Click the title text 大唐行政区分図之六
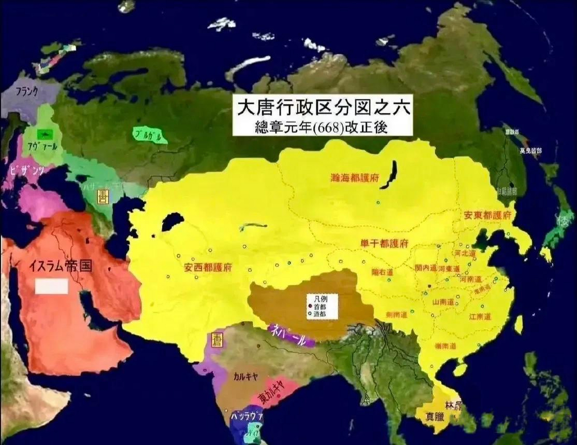[323, 108]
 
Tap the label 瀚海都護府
[354, 178]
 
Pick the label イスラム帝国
[60, 266]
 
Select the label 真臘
[435, 416]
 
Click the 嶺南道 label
[445, 346]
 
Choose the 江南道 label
[480, 317]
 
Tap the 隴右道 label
[382, 272]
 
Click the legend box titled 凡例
[322, 307]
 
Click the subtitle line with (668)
[321, 128]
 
